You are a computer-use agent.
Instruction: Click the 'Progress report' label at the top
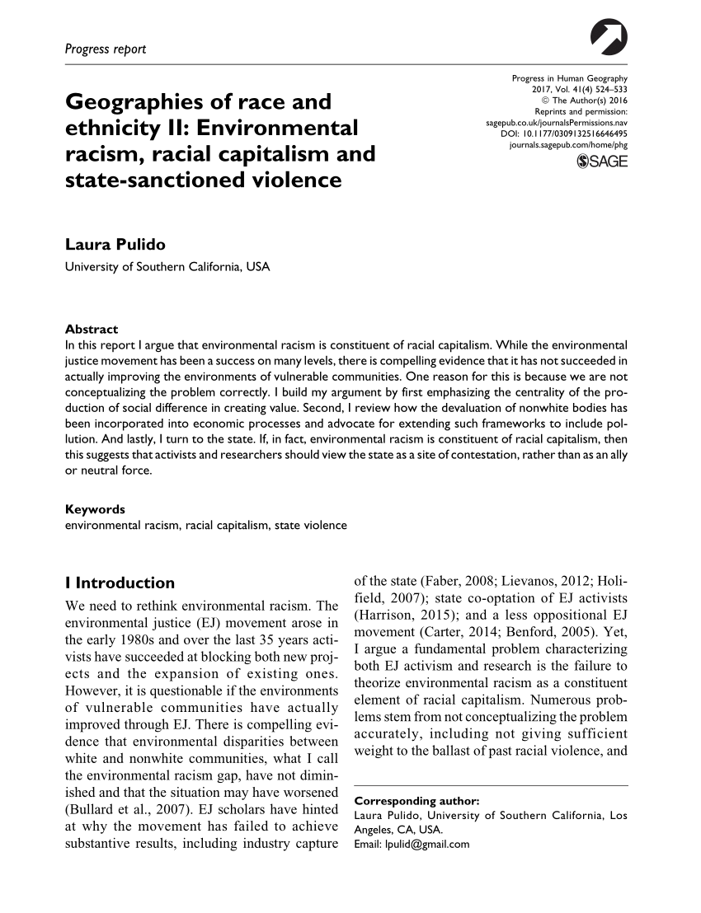pyautogui.click(x=106, y=49)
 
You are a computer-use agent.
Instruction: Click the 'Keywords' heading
pyautogui.click(x=95, y=508)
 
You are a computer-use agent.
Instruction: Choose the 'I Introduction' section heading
pyautogui.click(x=119, y=583)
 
